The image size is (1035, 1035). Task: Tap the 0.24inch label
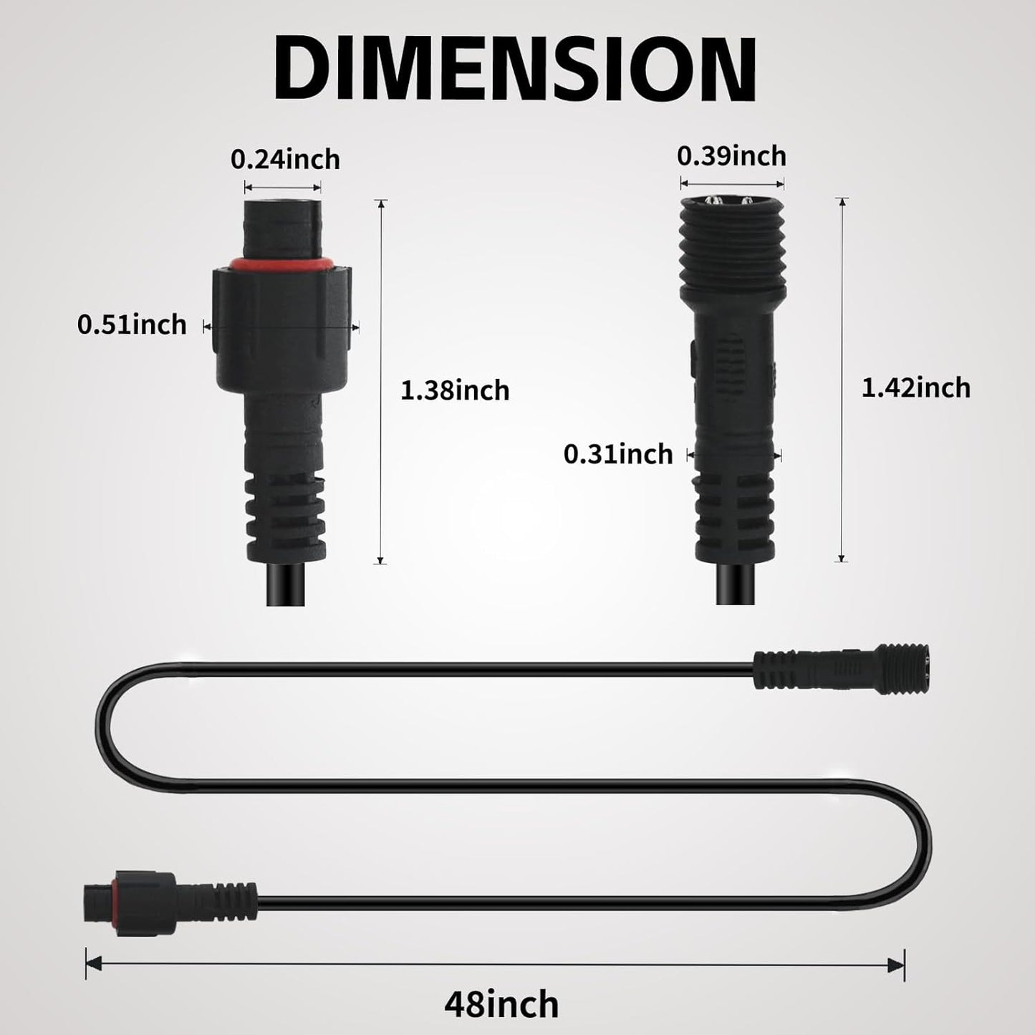click(x=285, y=159)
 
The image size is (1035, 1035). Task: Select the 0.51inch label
click(x=132, y=324)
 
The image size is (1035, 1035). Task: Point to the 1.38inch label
click(x=455, y=390)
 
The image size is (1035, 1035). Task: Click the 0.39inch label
click(x=731, y=155)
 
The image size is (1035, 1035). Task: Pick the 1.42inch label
click(x=915, y=387)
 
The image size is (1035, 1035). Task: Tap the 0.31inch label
click(x=618, y=454)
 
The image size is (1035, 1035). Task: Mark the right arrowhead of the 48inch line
click(x=897, y=964)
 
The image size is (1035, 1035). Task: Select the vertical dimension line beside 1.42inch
click(x=842, y=380)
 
